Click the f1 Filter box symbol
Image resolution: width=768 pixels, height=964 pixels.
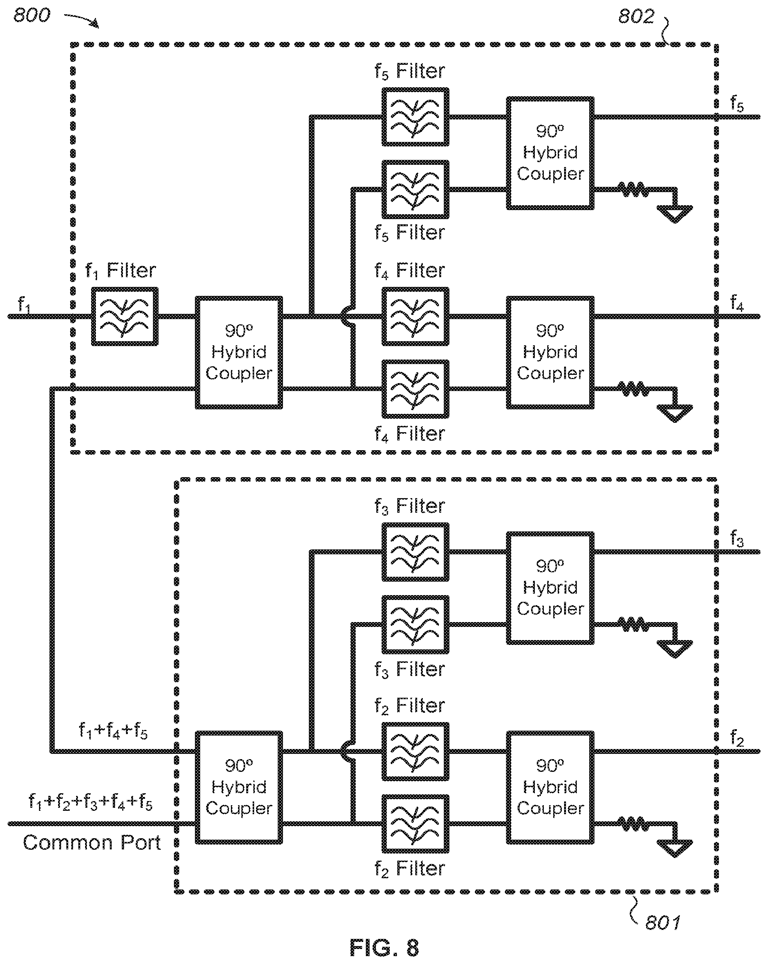pos(124,316)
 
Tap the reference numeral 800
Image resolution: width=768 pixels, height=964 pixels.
pos(32,16)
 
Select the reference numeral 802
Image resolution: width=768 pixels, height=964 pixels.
pos(636,16)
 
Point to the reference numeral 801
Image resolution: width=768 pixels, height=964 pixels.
pos(663,923)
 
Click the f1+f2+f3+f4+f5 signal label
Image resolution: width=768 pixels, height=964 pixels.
pos(90,802)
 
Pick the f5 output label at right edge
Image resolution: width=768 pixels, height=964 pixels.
pos(737,104)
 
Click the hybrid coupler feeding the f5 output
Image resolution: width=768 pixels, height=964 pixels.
pos(550,153)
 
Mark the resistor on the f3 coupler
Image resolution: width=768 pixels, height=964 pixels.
pos(633,625)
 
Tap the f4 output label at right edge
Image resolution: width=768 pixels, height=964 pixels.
pos(737,303)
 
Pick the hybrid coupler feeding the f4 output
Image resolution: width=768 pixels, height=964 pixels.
pos(550,352)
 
